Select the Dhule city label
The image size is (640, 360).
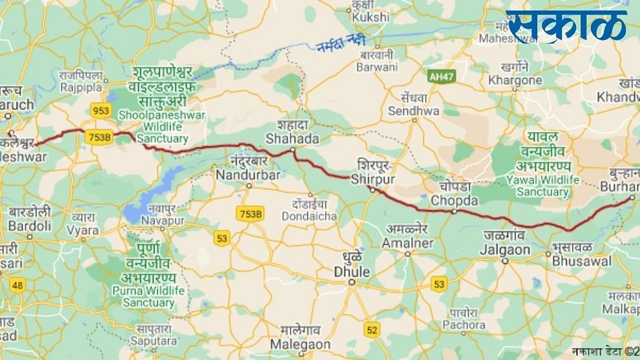tap(351, 271)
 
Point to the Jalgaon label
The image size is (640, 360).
tap(505, 250)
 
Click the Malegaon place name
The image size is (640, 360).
tap(300, 345)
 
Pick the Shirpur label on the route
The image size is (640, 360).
tap(373, 179)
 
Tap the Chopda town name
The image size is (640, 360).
tap(453, 201)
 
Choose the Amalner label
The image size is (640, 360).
tap(407, 243)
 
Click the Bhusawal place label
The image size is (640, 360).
tap(581, 261)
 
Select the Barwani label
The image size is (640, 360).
tap(377, 67)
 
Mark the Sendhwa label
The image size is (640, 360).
tap(413, 111)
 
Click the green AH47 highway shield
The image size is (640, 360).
tap(441, 76)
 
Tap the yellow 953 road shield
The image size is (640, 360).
tap(100, 110)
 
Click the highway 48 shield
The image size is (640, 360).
tap(18, 285)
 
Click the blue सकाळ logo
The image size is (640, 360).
tap(566, 26)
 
